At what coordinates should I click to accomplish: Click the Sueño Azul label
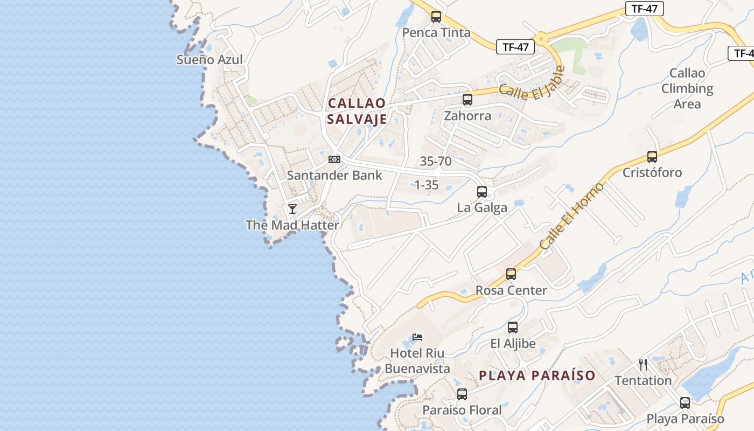pyautogui.click(x=210, y=60)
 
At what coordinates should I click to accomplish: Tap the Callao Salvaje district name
pyautogui.click(x=357, y=111)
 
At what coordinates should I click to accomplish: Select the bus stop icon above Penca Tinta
pyautogui.click(x=436, y=17)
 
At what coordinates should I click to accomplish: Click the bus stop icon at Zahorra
pyautogui.click(x=467, y=100)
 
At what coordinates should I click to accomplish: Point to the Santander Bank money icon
pyautogui.click(x=334, y=159)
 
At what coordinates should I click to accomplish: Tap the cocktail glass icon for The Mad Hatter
pyautogui.click(x=292, y=208)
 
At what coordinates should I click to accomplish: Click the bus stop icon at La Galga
pyautogui.click(x=482, y=192)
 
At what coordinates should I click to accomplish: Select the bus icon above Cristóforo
pyautogui.click(x=652, y=157)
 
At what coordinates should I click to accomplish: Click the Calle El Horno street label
pyautogui.click(x=572, y=216)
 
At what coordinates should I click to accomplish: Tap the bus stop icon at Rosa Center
pyautogui.click(x=511, y=274)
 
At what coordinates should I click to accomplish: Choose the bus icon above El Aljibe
pyautogui.click(x=513, y=328)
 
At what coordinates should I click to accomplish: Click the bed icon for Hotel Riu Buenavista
pyautogui.click(x=417, y=338)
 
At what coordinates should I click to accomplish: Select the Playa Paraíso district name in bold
pyautogui.click(x=537, y=376)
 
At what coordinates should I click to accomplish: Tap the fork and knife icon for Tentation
pyautogui.click(x=643, y=365)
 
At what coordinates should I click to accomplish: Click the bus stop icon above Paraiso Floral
pyautogui.click(x=462, y=394)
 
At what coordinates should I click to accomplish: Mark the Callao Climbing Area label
pyautogui.click(x=687, y=88)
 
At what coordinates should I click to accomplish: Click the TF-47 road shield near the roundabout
pyautogui.click(x=515, y=47)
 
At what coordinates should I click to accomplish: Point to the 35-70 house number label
pyautogui.click(x=436, y=161)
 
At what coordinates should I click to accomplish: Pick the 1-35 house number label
pyautogui.click(x=426, y=185)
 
